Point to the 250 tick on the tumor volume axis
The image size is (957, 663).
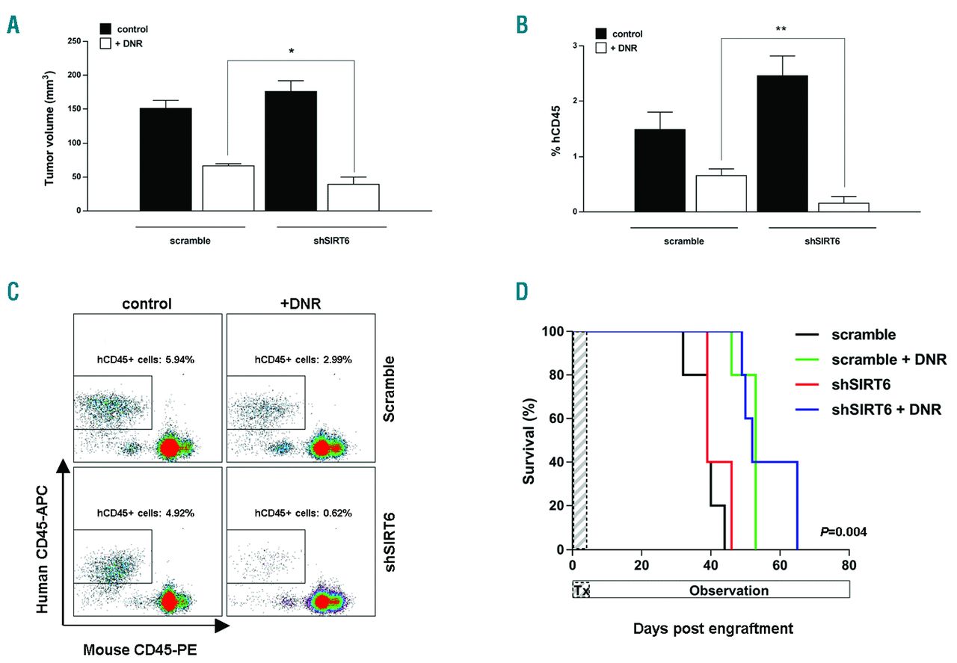coord(72,41)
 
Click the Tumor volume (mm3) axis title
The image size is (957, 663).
coord(52,124)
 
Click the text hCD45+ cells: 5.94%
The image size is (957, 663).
coord(147,359)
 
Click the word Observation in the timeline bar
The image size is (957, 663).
coord(729,590)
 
